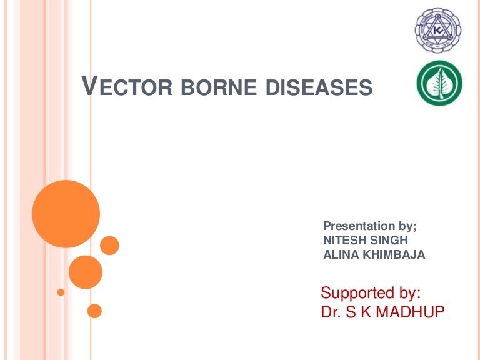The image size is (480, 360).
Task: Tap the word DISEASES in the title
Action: click(x=319, y=87)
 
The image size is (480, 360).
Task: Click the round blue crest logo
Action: click(x=439, y=29)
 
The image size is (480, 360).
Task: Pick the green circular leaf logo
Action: click(x=439, y=84)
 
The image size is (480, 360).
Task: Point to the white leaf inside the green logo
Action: click(x=439, y=84)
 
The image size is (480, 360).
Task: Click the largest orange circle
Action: click(x=66, y=214)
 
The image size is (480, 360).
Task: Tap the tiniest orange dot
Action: click(x=61, y=292)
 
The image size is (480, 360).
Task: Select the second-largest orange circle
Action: click(x=86, y=272)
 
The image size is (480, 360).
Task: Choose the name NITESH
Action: click(x=342, y=241)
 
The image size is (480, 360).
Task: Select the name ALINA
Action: click(x=338, y=254)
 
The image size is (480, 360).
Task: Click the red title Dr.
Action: click(x=331, y=312)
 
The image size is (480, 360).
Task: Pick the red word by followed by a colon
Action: click(x=409, y=292)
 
